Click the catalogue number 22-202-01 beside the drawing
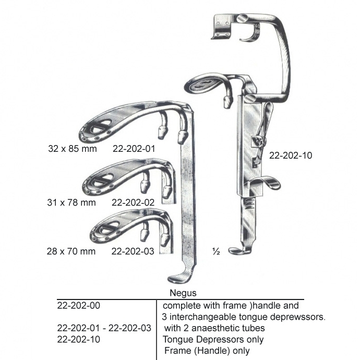click(134, 149)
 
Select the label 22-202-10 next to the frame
click(291, 155)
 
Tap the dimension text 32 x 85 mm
click(73, 149)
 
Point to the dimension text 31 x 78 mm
click(71, 202)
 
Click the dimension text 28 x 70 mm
click(71, 251)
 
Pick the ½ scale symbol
click(216, 252)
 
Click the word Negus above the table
click(183, 293)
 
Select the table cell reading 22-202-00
click(78, 306)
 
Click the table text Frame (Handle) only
click(207, 351)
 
